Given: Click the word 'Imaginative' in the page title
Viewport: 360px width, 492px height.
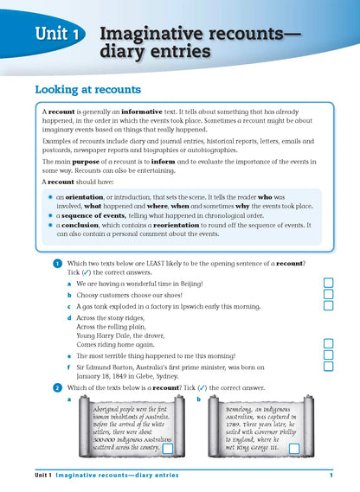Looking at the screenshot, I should point(149,33).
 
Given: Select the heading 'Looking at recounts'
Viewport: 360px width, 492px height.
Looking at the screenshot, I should point(87,89).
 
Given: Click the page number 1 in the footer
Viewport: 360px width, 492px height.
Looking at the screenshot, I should point(331,475).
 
